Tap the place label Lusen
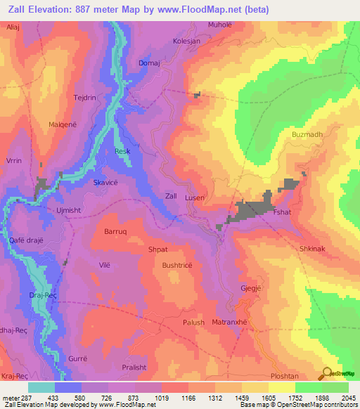click(x=195, y=198)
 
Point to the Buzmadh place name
click(x=307, y=134)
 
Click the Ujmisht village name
click(x=70, y=210)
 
